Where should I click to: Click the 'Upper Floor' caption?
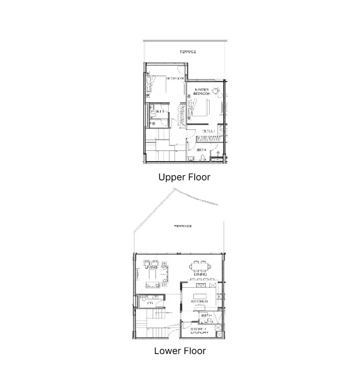pos(184,177)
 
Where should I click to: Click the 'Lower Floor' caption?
pos(180,351)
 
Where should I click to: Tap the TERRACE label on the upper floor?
pos(188,52)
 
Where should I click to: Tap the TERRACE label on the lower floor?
pos(183,226)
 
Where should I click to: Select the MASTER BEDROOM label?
pos(201,92)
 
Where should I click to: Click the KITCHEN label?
pos(199,302)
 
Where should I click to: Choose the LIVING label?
pos(151,268)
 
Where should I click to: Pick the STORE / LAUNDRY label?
pos(199,331)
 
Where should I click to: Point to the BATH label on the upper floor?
pos(201,150)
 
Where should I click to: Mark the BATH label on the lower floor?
pos(206,316)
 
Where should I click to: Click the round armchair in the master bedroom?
pos(216,91)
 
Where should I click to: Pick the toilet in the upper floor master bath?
pos(202,158)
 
